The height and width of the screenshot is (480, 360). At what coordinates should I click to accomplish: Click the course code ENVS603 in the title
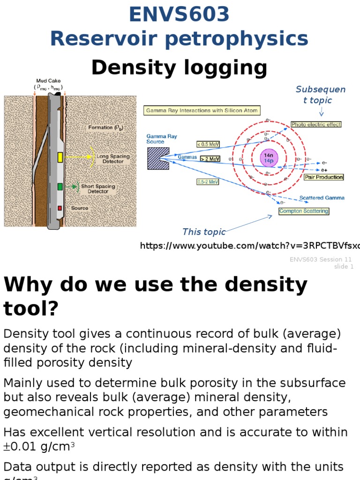point(180,14)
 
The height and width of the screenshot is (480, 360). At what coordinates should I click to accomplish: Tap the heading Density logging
point(179,67)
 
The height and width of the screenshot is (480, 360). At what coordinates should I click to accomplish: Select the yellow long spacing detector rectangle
point(60,157)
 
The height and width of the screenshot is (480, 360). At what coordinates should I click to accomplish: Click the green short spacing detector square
point(60,187)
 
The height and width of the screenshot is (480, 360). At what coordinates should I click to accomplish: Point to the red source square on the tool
point(60,208)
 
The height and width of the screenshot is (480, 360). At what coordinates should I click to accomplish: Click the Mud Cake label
point(48,81)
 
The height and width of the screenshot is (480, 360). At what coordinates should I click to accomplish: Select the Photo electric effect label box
point(316,125)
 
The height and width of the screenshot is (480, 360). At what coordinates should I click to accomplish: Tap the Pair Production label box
point(323,177)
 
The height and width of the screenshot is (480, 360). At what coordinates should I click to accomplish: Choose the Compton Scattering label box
point(304,211)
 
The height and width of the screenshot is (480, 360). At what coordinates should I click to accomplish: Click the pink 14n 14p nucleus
point(269,157)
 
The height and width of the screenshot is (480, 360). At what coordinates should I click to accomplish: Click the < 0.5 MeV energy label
point(208,144)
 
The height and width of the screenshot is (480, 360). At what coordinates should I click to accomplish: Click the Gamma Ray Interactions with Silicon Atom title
point(202,111)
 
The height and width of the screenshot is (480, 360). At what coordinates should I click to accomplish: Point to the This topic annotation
point(204,232)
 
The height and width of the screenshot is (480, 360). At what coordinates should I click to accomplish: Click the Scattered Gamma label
point(322,198)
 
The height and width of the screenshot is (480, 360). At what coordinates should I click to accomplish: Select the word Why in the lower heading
point(25,285)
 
